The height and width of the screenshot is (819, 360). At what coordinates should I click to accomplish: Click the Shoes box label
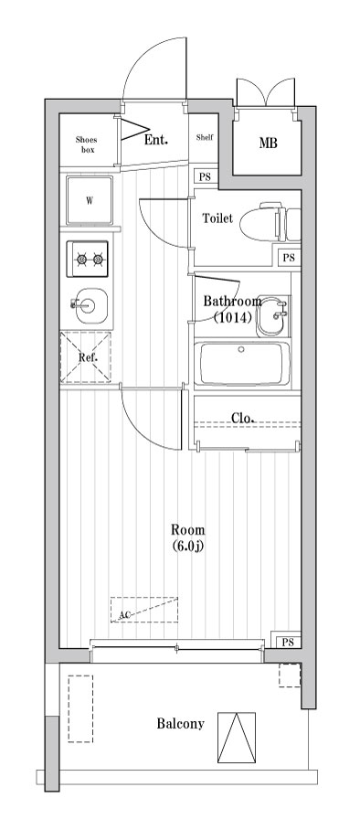[87, 144]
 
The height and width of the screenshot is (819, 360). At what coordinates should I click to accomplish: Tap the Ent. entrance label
[157, 140]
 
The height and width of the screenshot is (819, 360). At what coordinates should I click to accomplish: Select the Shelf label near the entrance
[205, 139]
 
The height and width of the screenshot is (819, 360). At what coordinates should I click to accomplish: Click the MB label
[268, 144]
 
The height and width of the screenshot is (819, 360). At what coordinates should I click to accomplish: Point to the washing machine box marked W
[90, 200]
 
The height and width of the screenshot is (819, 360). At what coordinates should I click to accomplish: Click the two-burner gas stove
[89, 260]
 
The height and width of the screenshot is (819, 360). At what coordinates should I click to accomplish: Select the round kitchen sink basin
[89, 305]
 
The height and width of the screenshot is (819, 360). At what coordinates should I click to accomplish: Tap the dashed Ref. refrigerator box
[86, 356]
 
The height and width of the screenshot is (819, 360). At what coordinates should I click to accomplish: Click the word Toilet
[217, 218]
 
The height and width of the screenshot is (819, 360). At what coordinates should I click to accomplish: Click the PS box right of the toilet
[289, 258]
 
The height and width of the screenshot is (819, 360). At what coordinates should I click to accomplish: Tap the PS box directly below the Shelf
[205, 177]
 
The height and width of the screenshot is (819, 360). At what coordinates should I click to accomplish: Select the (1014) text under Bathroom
[232, 318]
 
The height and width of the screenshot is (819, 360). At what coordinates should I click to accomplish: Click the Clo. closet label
[242, 418]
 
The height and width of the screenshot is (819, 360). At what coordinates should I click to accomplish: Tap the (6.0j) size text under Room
[188, 547]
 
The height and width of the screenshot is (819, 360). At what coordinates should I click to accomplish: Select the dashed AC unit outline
[145, 610]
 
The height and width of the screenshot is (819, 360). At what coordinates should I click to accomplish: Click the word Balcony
[180, 724]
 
